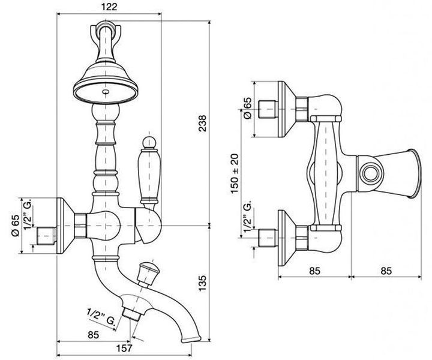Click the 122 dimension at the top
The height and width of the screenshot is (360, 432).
[109, 7]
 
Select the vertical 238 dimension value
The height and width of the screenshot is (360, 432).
[202, 123]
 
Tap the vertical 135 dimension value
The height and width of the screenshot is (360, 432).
[202, 283]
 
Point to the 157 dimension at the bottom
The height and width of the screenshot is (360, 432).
[124, 348]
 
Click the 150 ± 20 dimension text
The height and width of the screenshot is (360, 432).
[235, 173]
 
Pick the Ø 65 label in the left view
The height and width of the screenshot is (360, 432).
[16, 226]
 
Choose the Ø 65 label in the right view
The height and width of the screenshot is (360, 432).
[247, 107]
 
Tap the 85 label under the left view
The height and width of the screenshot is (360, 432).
[93, 335]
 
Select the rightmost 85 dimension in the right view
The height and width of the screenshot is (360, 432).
[386, 271]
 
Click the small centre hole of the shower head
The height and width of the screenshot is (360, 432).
[105, 91]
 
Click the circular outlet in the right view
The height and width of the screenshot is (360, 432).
[371, 174]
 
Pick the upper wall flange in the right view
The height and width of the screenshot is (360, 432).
[287, 109]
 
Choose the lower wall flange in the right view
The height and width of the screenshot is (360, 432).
[287, 238]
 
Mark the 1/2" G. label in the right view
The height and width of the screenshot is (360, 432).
[247, 215]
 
